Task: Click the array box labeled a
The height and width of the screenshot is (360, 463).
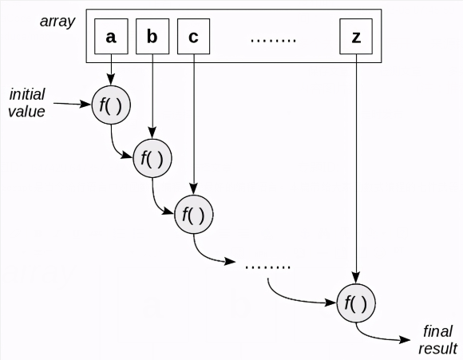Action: click(x=111, y=37)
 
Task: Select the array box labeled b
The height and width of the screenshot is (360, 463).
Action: click(x=152, y=37)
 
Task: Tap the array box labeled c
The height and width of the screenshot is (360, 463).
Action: click(x=193, y=37)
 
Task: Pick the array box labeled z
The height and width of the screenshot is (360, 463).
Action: click(x=355, y=37)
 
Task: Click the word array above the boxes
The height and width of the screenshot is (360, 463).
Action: click(x=57, y=19)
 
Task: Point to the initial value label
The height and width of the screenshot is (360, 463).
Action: click(x=26, y=104)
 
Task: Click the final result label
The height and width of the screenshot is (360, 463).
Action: click(x=437, y=340)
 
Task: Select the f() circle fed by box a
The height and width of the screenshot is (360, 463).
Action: click(x=111, y=105)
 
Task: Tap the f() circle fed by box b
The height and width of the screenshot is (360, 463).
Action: click(x=152, y=158)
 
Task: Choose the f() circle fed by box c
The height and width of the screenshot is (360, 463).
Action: click(x=193, y=214)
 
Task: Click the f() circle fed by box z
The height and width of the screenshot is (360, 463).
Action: click(x=356, y=303)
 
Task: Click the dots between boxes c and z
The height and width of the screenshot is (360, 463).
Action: click(x=273, y=38)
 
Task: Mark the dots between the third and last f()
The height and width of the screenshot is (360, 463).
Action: click(x=268, y=266)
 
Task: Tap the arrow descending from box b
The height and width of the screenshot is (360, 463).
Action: click(x=152, y=96)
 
